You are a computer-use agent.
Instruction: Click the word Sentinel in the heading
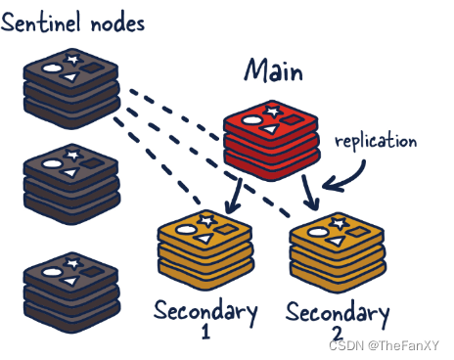pos(41,22)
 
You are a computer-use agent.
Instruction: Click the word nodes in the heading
pos(117,24)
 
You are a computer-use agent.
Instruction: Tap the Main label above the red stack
pos(274,70)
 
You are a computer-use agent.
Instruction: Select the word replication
pos(376,141)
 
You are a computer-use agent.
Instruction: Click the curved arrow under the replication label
pos(352,179)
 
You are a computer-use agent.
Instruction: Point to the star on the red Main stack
pos(273,111)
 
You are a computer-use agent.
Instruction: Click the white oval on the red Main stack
pos(251,120)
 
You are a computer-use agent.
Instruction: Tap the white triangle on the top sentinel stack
pos(70,77)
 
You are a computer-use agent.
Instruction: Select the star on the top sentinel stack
pos(72,60)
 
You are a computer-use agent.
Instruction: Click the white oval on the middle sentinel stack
pos(52,163)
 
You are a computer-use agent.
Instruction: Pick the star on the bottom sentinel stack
pos(72,263)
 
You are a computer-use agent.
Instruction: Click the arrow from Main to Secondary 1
pos(235,195)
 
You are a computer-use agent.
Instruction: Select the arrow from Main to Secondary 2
pos(310,193)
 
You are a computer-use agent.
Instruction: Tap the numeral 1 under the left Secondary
pos(205,332)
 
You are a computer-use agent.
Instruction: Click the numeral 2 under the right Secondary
pos(338,334)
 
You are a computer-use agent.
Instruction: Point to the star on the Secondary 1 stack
pos(207,221)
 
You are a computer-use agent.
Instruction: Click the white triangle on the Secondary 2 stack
pos(336,242)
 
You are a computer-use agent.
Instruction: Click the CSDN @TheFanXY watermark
pos(384,345)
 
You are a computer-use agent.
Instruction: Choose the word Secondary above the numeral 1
pos(205,311)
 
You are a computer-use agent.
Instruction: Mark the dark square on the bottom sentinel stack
pos(92,271)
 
